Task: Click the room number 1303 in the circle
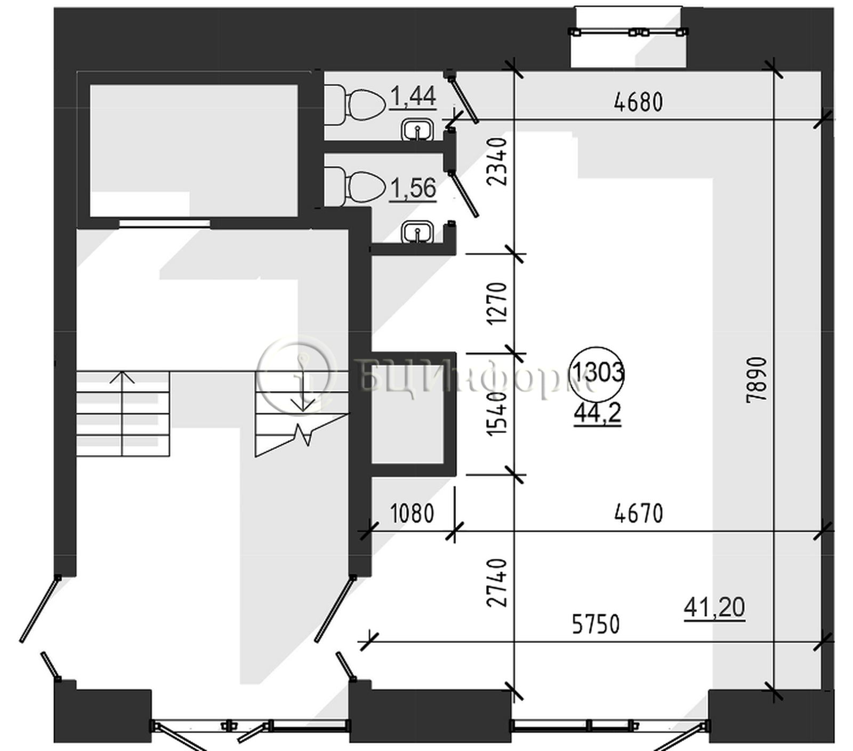[597, 372]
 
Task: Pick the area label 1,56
[413, 188]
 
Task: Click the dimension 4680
[638, 102]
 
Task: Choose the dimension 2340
[496, 161]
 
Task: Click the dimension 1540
[496, 414]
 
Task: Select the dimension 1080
[412, 514]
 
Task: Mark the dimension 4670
[638, 514]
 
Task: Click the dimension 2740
[496, 583]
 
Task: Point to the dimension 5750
[596, 624]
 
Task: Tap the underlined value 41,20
[714, 608]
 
